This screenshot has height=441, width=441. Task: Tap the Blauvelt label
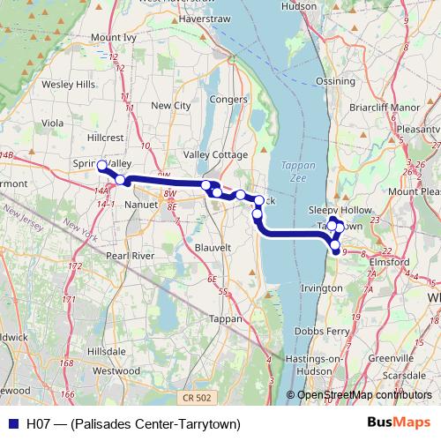(x=213, y=249)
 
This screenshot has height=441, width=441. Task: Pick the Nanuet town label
(x=141, y=204)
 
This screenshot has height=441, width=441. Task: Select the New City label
(x=171, y=105)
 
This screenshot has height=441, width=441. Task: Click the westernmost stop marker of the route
(x=101, y=165)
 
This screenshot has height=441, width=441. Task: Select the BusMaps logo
(x=401, y=424)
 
